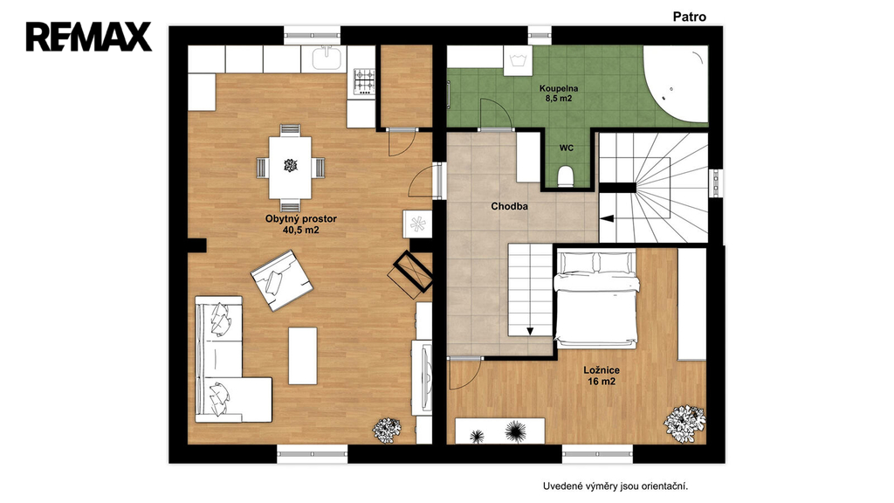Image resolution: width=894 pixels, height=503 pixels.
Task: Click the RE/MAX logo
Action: (89, 37)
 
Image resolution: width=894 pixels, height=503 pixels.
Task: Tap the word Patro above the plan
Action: (690, 17)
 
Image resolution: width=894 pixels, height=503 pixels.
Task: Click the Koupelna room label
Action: (559, 88)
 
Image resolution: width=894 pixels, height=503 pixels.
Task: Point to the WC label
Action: (566, 148)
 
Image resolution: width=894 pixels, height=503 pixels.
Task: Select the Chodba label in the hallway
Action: (509, 206)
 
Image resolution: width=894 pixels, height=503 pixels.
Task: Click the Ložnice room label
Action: (602, 370)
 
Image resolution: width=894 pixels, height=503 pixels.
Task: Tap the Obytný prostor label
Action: (301, 218)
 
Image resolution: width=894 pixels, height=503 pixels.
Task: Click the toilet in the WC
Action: (566, 176)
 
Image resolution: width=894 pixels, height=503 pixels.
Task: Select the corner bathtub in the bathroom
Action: (677, 84)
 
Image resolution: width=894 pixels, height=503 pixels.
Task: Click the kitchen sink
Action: (327, 59)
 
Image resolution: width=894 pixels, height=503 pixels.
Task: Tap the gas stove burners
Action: (364, 81)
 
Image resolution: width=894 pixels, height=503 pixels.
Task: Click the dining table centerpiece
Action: (291, 165)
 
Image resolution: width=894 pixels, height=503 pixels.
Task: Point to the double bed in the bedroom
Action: (595, 298)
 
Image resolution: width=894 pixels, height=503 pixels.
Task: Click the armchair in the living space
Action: (282, 280)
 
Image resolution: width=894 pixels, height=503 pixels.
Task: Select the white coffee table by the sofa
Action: (303, 356)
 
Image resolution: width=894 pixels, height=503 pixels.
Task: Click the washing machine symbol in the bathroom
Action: (519, 60)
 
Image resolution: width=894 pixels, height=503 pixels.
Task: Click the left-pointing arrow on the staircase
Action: (607, 217)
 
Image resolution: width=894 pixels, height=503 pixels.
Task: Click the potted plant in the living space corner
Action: (387, 430)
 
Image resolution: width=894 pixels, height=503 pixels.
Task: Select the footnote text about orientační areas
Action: (615, 486)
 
